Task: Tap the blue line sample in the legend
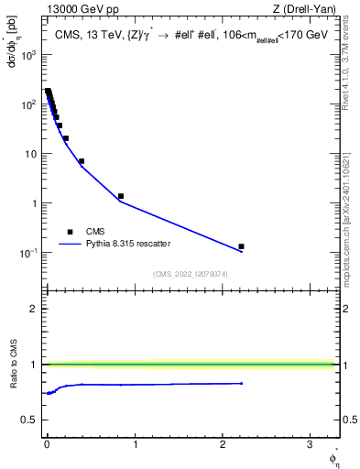coord(70,245)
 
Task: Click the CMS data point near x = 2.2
coord(241,246)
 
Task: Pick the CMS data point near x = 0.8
coord(120,196)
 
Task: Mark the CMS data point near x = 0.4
coord(82,161)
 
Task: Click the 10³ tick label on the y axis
coord(29,55)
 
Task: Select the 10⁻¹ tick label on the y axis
coord(29,253)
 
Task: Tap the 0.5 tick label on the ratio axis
coord(30,420)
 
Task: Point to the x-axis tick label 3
coord(310,447)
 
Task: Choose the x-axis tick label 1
coord(135,447)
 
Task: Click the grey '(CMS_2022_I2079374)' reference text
coord(190,273)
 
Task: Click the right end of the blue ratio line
coord(242,384)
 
